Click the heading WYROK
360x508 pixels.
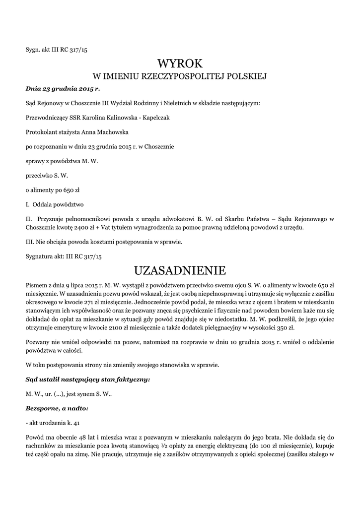180,63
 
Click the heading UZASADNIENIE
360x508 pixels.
180,270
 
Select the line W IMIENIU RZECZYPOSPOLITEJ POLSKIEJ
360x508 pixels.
180,77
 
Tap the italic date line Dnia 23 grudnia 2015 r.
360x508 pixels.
63,89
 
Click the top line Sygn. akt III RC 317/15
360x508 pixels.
56,50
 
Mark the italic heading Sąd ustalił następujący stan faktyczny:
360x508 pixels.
87,380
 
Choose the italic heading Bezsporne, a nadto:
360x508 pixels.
57,408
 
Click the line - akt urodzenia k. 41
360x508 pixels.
52,423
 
